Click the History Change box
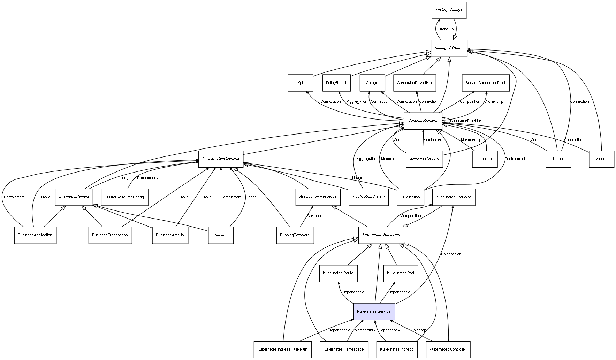(x=449, y=10)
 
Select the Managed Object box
(x=449, y=48)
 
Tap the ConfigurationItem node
(x=423, y=121)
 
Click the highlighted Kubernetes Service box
(x=374, y=311)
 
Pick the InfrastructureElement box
(x=221, y=159)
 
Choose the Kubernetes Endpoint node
(x=453, y=197)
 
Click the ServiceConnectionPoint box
(x=485, y=83)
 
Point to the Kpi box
(x=300, y=83)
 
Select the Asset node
(x=601, y=159)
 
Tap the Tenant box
(x=558, y=159)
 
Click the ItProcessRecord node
(x=424, y=159)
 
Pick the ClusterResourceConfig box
(x=124, y=197)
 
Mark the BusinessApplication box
(x=35, y=235)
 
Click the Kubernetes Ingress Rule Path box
(x=282, y=349)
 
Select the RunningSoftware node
(x=295, y=235)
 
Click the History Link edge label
(x=446, y=29)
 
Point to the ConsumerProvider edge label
(x=465, y=121)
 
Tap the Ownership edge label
(x=494, y=102)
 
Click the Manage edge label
(x=420, y=330)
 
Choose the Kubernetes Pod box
(x=400, y=273)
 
